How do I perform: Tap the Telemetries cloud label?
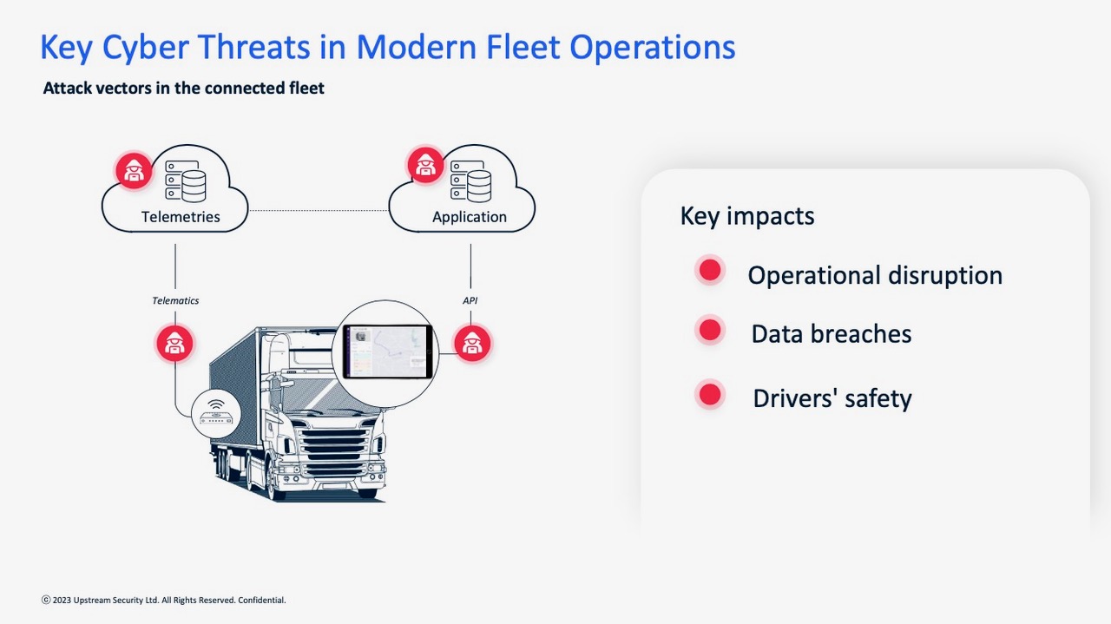pyautogui.click(x=181, y=217)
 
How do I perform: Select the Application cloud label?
pyautogui.click(x=470, y=217)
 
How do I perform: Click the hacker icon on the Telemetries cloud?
pyautogui.click(x=134, y=171)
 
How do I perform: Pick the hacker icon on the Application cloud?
pyautogui.click(x=425, y=165)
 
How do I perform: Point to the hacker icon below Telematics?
pyautogui.click(x=174, y=344)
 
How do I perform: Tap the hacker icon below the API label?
pyautogui.click(x=472, y=344)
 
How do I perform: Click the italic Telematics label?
pyautogui.click(x=175, y=300)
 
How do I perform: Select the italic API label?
pyautogui.click(x=470, y=300)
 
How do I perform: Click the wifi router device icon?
pyautogui.click(x=216, y=414)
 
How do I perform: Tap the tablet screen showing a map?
pyautogui.click(x=387, y=351)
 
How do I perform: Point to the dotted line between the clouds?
pyautogui.click(x=319, y=210)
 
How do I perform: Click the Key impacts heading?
pyautogui.click(x=747, y=216)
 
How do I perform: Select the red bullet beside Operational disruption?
pyautogui.click(x=710, y=271)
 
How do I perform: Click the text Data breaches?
pyautogui.click(x=832, y=334)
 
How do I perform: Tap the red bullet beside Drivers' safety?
pyautogui.click(x=710, y=396)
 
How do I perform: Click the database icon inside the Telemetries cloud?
pyautogui.click(x=186, y=181)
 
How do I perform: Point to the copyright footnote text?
pyautogui.click(x=164, y=601)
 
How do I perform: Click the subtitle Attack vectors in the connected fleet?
pyautogui.click(x=183, y=89)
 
